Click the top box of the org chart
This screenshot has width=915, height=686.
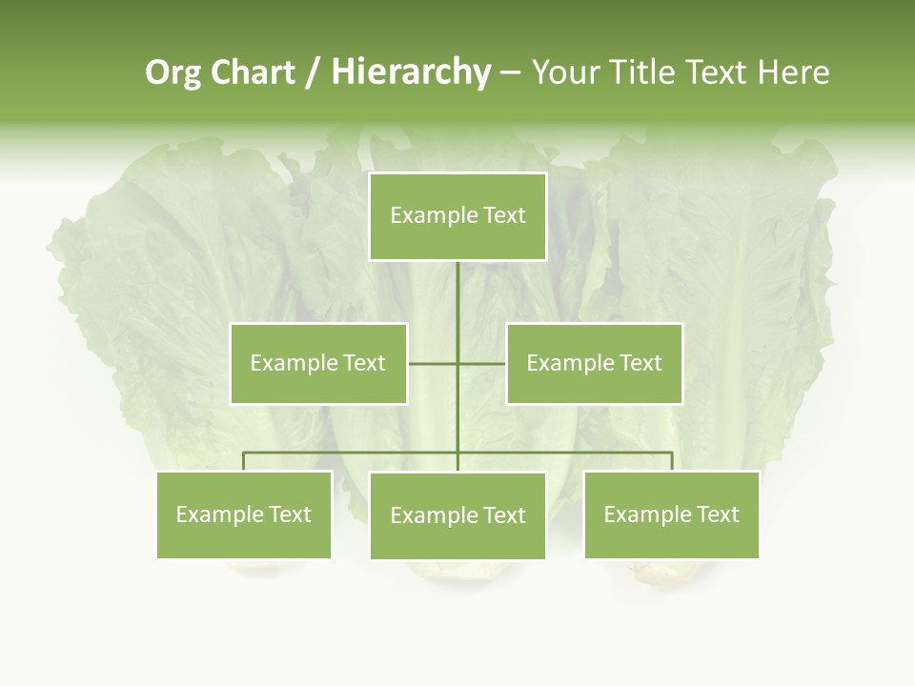[x=457, y=216]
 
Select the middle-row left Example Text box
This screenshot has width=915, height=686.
[x=318, y=363]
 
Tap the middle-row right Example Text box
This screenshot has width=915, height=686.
[x=594, y=363]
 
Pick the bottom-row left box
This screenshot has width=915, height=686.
[x=244, y=514]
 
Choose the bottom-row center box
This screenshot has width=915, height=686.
[x=457, y=515]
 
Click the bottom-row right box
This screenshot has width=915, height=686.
[x=671, y=514]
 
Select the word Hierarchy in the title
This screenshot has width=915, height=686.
[x=411, y=72]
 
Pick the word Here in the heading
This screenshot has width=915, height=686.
[x=793, y=72]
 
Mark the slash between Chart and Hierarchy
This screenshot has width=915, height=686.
[x=313, y=72]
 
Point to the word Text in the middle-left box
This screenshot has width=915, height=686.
[x=365, y=363]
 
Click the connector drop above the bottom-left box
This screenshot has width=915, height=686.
[x=244, y=461]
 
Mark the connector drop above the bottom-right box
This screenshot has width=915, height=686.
[x=672, y=461]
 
